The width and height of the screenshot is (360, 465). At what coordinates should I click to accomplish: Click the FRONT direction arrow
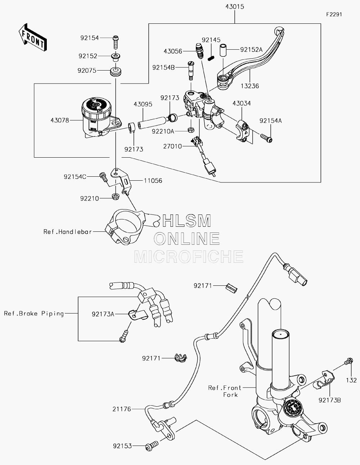click(32, 38)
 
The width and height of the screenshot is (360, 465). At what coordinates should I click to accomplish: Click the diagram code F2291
click(334, 14)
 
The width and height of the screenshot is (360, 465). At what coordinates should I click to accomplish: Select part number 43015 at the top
click(235, 6)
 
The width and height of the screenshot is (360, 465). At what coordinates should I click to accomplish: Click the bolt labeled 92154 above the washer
click(116, 42)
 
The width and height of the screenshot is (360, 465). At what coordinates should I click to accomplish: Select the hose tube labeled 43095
click(152, 123)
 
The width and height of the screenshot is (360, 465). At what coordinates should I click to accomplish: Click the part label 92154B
click(163, 68)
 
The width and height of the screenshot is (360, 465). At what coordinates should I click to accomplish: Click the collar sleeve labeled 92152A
click(223, 50)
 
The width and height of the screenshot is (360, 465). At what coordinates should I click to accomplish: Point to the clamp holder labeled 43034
click(243, 131)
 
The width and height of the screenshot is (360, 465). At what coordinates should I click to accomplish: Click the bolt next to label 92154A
click(266, 138)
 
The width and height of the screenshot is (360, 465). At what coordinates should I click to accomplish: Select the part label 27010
click(172, 146)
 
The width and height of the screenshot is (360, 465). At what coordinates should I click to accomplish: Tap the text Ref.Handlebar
click(68, 232)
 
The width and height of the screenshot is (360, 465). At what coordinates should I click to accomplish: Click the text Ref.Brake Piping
click(34, 314)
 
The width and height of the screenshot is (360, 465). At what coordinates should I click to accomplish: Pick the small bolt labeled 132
click(348, 361)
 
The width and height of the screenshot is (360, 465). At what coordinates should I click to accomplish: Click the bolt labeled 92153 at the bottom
click(152, 445)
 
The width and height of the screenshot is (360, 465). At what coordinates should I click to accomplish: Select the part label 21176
click(122, 409)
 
